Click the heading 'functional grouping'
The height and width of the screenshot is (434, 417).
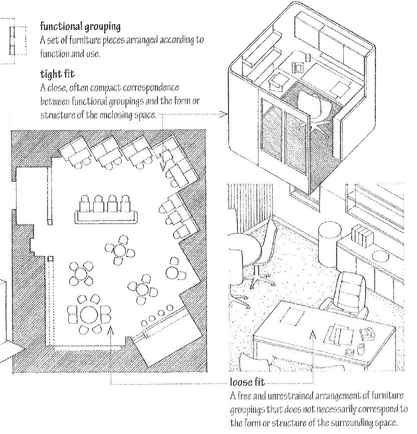80,26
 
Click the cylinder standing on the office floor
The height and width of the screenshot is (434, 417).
329,240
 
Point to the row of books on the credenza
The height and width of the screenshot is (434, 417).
361,235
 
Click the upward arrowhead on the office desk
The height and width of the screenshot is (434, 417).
314,333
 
